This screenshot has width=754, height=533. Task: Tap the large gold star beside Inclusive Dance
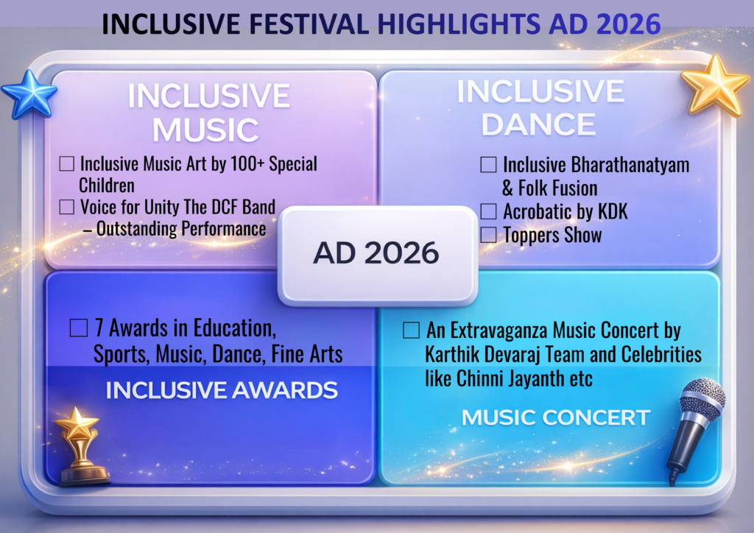tap(715, 87)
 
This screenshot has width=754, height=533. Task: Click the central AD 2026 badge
tap(378, 255)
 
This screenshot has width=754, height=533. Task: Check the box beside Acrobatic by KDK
tap(489, 211)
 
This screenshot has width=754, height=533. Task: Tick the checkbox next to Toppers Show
tap(489, 235)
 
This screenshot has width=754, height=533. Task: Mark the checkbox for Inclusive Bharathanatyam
tap(489, 164)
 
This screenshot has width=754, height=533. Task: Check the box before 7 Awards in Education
tap(79, 328)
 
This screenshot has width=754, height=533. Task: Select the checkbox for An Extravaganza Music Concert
tap(411, 331)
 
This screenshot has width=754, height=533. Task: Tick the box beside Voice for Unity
tap(67, 207)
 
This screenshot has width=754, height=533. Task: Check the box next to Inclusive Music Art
tap(67, 163)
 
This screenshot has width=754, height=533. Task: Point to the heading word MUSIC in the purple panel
tap(206, 130)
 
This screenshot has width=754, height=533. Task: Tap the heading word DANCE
tap(538, 124)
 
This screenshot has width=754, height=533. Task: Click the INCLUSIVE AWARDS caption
tap(222, 390)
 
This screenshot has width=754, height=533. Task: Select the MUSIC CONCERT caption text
tap(556, 417)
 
